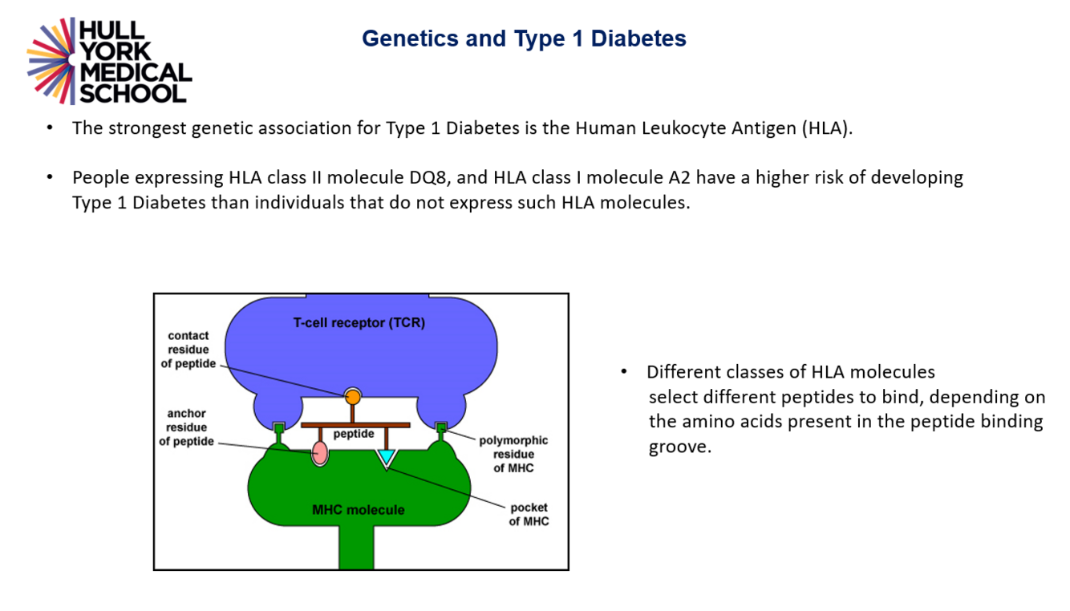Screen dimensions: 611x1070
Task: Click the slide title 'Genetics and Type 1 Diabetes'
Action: pos(524,38)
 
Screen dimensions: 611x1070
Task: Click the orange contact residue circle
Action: pos(352,395)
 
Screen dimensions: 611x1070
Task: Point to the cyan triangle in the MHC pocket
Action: pos(387,457)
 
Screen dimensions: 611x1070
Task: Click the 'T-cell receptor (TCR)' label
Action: pos(359,323)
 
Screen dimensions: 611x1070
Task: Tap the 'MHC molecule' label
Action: pos(358,510)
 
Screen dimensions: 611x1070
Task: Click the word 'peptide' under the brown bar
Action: pos(354,434)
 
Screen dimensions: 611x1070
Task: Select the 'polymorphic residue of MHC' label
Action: pos(513,454)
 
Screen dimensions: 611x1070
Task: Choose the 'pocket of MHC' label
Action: pos(529,514)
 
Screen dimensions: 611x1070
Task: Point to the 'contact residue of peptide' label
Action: pos(188,350)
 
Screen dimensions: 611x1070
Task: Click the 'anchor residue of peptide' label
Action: pos(187,427)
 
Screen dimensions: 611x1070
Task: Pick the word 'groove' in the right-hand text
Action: pos(679,447)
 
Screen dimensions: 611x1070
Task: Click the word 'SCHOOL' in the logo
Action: pos(133,93)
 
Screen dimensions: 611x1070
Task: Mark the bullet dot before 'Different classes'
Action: pos(623,372)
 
